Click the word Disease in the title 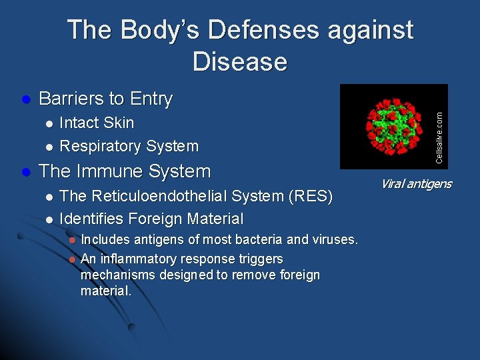pos(240,61)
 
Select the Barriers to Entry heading pos(105,99)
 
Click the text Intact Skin pos(97,123)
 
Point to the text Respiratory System pos(129,146)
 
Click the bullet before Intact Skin pos(48,124)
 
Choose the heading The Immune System pos(125,171)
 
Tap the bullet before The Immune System pos(26,172)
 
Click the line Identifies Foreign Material pos(151,219)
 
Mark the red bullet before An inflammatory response pos(73,259)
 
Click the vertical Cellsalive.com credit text pos(439,137)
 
